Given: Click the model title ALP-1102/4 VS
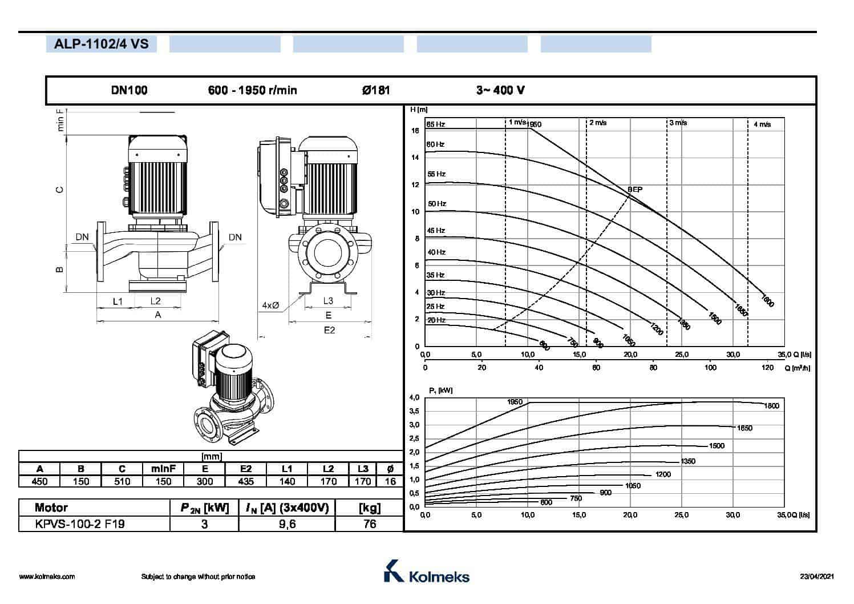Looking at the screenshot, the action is point(102,44).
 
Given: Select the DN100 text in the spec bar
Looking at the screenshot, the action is point(129,90).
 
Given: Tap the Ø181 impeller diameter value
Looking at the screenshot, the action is point(376,90).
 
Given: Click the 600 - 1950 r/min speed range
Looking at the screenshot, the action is point(252,90).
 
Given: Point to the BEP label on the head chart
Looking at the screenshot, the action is point(635,190).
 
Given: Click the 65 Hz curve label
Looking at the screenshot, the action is point(436,124).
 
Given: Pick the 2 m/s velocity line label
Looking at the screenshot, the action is point(598,123).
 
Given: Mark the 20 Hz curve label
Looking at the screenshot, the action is point(436,320).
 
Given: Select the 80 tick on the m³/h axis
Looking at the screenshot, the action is point(653,368).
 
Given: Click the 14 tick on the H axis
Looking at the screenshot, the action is point(415,157).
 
